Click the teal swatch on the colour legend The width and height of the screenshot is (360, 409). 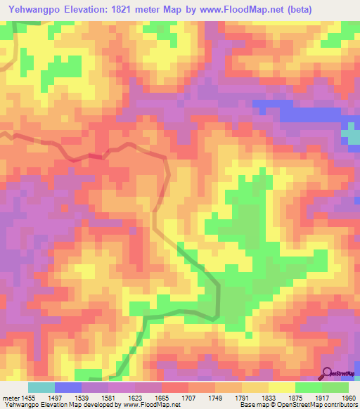pyautogui.click(x=41, y=387)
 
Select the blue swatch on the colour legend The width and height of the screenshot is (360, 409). pyautogui.click(x=67, y=387)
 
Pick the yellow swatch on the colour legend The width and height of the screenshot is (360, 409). pyautogui.click(x=281, y=387)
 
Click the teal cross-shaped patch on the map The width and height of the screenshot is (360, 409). pyautogui.click(x=351, y=133)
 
